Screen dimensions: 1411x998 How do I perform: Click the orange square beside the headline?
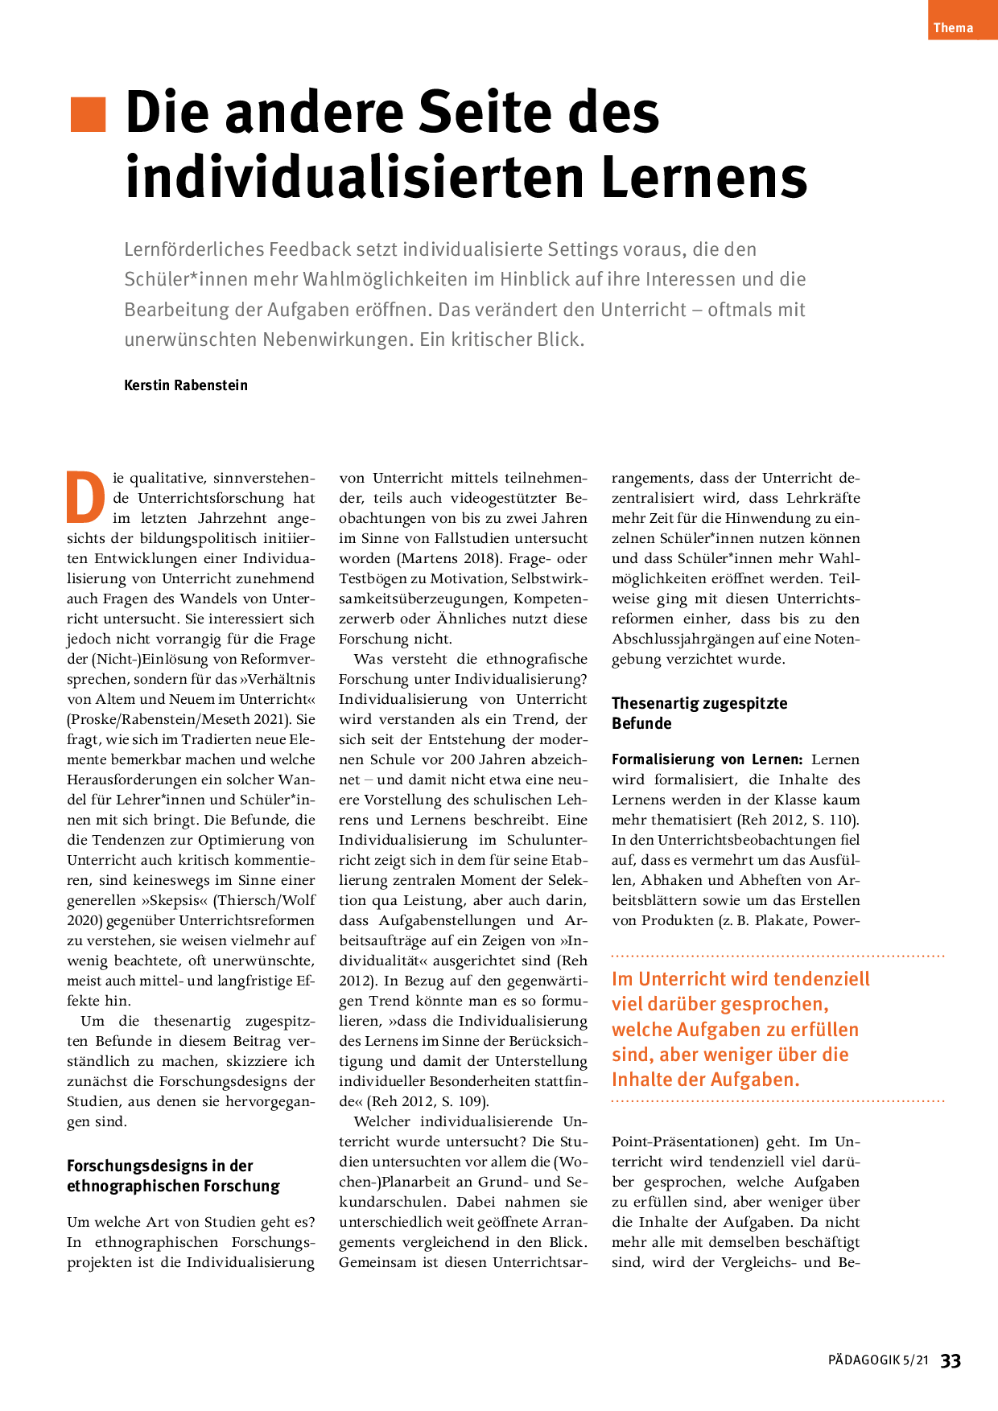(x=88, y=114)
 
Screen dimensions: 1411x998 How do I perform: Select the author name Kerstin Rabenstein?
(x=186, y=385)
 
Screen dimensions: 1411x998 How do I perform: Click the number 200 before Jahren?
(x=461, y=759)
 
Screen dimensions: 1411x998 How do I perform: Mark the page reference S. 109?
(x=464, y=1101)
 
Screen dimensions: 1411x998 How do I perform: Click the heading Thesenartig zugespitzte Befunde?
(x=699, y=713)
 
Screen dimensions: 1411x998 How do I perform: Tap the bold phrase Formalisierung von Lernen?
(x=707, y=759)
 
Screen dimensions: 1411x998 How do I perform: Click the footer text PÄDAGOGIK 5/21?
(x=878, y=1360)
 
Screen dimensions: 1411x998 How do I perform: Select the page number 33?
(x=951, y=1360)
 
